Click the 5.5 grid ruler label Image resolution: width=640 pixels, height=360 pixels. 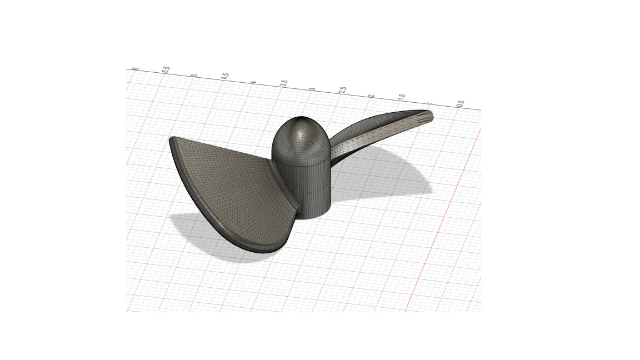point(166,70)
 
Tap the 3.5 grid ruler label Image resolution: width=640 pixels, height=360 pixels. point(284,83)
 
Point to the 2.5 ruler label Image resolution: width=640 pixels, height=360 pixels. point(343,89)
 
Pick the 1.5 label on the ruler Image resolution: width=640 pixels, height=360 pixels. point(402,97)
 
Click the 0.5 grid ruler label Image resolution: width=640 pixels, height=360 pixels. point(461,103)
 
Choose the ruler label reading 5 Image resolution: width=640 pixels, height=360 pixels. point(194,75)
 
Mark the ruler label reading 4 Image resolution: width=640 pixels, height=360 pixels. point(254,82)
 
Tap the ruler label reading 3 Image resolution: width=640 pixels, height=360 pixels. point(313,88)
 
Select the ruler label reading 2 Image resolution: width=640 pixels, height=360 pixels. point(372,95)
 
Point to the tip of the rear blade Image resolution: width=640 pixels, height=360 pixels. point(429,116)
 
